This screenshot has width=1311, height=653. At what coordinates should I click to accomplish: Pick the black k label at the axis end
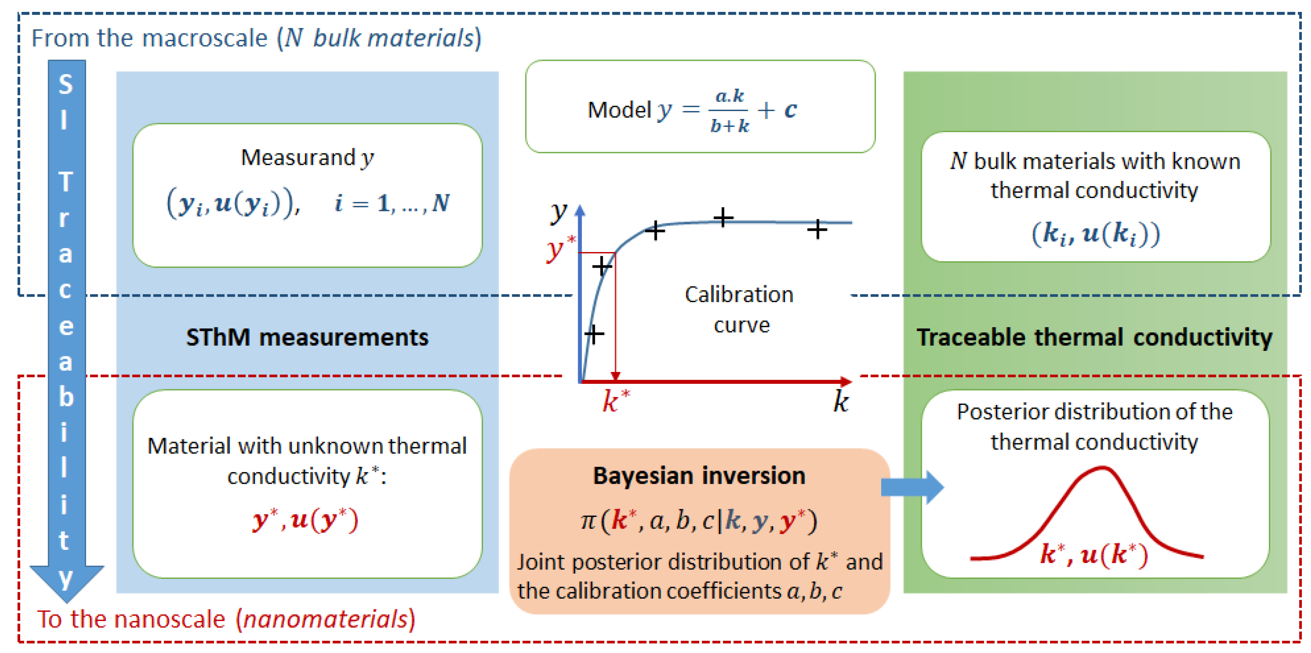(841, 402)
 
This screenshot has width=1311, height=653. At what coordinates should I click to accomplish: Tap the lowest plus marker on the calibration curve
(594, 334)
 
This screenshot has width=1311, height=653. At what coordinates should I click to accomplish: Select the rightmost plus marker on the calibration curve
(817, 230)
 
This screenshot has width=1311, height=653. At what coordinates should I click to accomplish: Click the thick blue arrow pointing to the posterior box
(911, 487)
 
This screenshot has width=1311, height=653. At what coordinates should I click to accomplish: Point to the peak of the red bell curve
(1102, 468)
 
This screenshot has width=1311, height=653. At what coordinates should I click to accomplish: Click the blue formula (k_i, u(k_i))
(1095, 234)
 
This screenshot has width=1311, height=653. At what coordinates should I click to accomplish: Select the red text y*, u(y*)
(306, 520)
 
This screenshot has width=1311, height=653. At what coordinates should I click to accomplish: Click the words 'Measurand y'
(307, 158)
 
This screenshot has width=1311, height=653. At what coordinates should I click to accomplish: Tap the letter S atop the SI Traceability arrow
(65, 84)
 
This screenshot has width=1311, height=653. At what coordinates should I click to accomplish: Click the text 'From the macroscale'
(149, 38)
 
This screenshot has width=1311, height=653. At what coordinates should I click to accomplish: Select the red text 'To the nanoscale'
(131, 619)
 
